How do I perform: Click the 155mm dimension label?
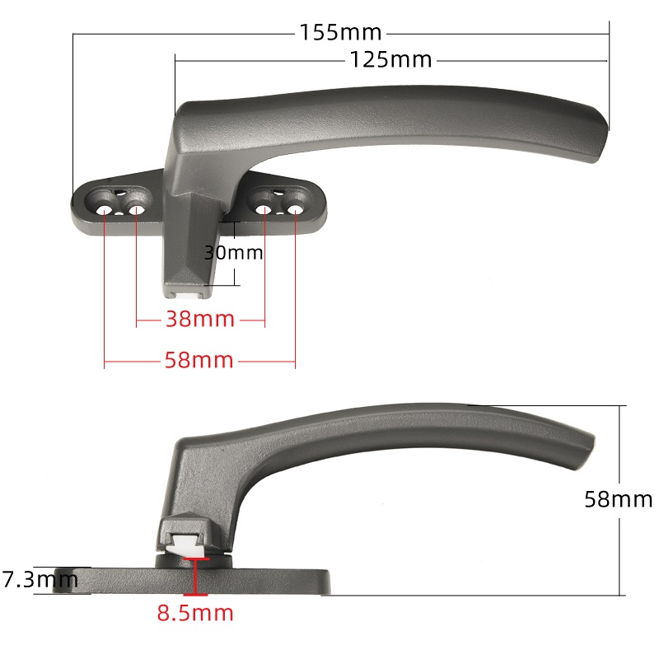point(340,32)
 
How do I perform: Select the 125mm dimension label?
point(390,59)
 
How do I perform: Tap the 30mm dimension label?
point(234,253)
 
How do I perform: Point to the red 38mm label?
point(200,319)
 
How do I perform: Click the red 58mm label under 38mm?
point(199,360)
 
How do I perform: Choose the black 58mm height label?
point(619,499)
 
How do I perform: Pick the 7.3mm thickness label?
point(40,580)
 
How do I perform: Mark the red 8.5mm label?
point(195,613)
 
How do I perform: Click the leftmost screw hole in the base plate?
point(105,210)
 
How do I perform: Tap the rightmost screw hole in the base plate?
point(295,209)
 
